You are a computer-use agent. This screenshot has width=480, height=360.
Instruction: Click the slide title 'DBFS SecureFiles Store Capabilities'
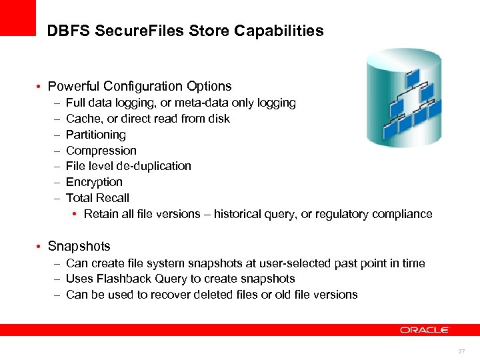click(185, 31)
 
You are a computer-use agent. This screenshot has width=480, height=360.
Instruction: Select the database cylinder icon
click(404, 98)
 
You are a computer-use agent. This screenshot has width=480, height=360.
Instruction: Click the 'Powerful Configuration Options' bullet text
click(139, 86)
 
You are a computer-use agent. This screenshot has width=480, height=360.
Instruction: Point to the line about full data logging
click(181, 103)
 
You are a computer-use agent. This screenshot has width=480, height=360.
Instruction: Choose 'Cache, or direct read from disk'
click(147, 119)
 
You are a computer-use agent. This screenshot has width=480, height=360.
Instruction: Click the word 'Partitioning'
click(95, 135)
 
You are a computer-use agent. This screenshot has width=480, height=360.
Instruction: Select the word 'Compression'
click(101, 151)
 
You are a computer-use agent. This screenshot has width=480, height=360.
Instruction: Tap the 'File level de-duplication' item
click(128, 166)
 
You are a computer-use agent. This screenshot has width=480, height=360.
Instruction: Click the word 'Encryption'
click(94, 182)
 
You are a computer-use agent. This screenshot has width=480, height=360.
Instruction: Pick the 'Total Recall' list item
click(97, 198)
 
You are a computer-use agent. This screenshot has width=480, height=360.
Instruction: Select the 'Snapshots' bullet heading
click(79, 246)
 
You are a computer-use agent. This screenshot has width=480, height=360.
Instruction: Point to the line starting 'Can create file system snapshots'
click(245, 263)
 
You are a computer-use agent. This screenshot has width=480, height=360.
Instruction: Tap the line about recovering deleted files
click(211, 295)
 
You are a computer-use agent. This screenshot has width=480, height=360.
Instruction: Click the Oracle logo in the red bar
click(425, 330)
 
